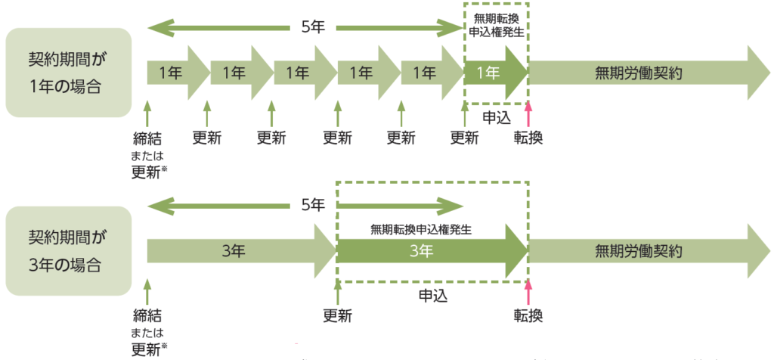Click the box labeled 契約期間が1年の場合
[68, 73]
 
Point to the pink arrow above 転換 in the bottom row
[528, 292]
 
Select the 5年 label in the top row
[312, 29]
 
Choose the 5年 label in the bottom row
[312, 204]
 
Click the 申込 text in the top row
[496, 117]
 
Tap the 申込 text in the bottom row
[432, 295]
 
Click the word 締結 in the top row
[147, 138]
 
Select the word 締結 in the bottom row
[147, 315]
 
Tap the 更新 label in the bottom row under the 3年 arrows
[337, 315]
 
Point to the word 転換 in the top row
[528, 138]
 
